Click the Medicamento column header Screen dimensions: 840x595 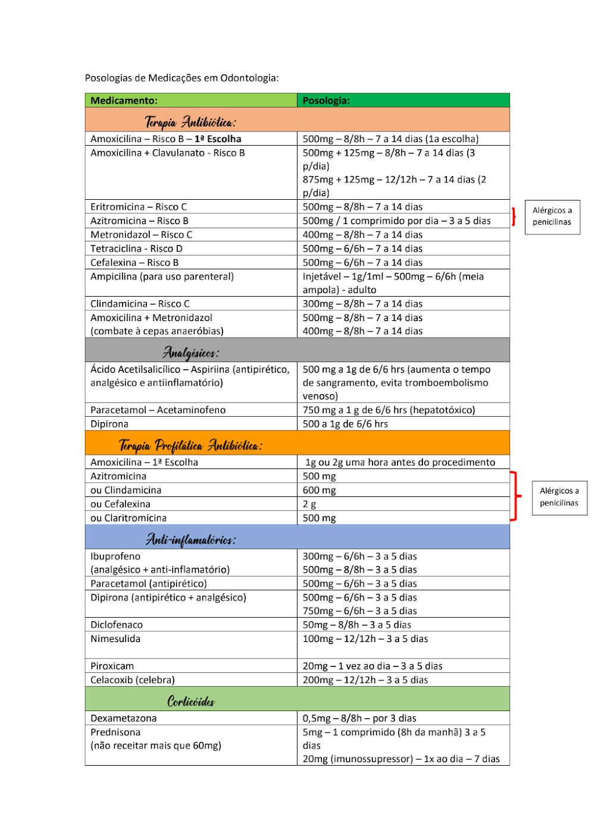(x=124, y=100)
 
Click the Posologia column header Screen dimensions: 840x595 (x=326, y=100)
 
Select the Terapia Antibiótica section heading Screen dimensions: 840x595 (x=190, y=122)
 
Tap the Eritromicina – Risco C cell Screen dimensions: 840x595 (x=139, y=207)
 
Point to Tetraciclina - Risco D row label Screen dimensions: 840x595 (x=136, y=248)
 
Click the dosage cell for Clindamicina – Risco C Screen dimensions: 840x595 (x=362, y=304)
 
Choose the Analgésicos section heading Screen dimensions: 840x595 (x=191, y=353)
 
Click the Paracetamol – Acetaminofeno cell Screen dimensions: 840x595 (x=158, y=410)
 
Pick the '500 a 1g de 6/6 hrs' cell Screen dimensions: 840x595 (x=345, y=424)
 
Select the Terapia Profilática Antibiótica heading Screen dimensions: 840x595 (x=190, y=445)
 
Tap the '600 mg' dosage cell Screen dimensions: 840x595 (x=320, y=490)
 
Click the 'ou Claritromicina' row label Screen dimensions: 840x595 (x=129, y=518)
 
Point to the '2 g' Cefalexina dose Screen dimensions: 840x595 (x=309, y=504)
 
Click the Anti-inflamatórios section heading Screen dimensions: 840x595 (x=191, y=539)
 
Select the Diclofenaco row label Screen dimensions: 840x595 (x=117, y=625)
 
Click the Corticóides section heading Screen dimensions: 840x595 (x=191, y=701)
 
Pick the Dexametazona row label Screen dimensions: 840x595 (x=124, y=719)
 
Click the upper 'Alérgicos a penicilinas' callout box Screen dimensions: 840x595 (x=552, y=217)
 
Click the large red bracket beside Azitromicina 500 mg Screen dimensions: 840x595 (x=515, y=496)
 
